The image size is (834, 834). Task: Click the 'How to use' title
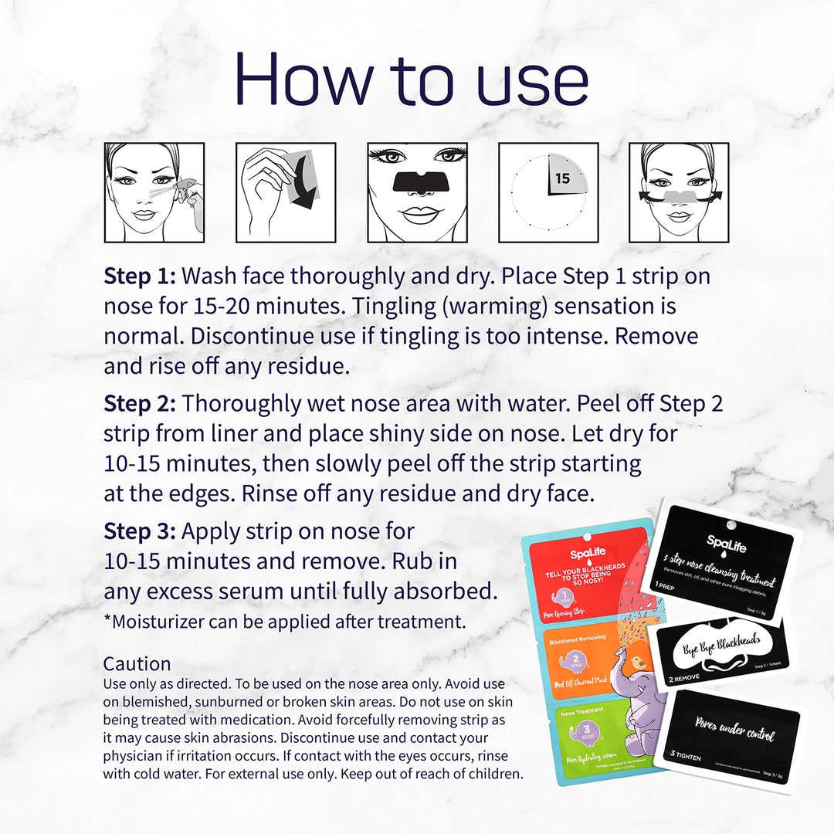(x=412, y=79)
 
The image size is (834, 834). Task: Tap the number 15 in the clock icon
(x=562, y=178)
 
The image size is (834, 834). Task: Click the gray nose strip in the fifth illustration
(x=679, y=193)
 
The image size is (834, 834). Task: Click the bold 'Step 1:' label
(x=141, y=276)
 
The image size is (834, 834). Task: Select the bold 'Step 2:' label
(x=141, y=404)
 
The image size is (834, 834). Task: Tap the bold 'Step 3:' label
(x=141, y=531)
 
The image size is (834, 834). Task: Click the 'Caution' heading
(x=137, y=664)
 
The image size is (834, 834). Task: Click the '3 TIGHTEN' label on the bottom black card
(x=684, y=758)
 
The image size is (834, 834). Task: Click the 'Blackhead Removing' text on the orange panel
(x=577, y=639)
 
